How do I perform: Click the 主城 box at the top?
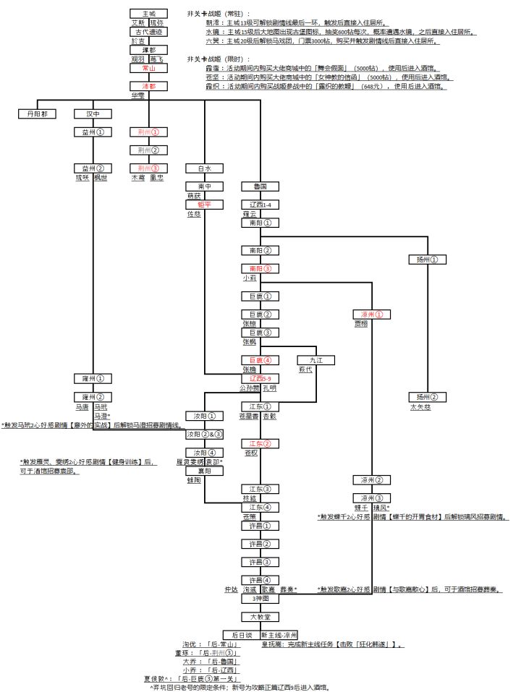point(149,14)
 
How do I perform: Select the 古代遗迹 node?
point(149,32)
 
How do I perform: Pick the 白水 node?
point(204,168)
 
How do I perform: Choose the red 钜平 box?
point(204,205)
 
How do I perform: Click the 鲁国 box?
point(260,186)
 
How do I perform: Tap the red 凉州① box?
point(371,315)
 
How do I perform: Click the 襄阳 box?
point(204,470)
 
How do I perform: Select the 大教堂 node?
point(260,617)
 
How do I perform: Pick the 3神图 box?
point(260,599)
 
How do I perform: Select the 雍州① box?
point(93,378)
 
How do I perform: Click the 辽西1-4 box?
point(260,205)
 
